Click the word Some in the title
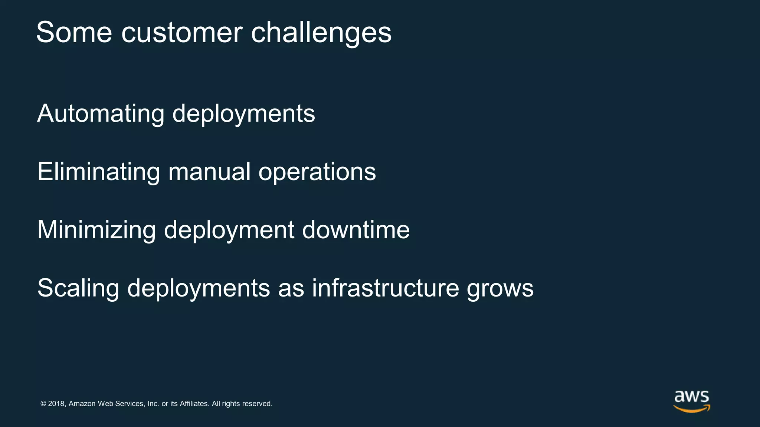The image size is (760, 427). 74,33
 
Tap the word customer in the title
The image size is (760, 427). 182,33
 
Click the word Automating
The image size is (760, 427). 101,114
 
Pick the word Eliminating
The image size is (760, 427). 99,172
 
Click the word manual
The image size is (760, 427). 209,172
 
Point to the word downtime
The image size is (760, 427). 356,230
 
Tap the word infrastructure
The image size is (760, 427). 386,288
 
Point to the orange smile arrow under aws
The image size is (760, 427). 692,408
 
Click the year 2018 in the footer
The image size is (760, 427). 57,404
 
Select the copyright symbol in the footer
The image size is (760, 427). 43,404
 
